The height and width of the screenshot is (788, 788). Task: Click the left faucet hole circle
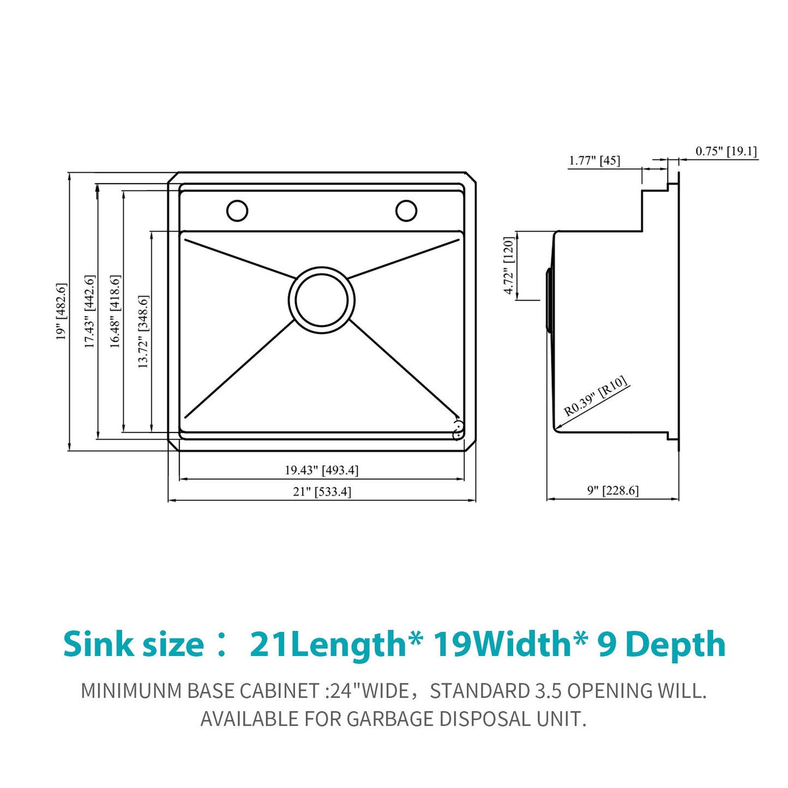(x=237, y=210)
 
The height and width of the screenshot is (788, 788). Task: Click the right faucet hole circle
(x=406, y=210)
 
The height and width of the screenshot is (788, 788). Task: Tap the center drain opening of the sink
(x=321, y=299)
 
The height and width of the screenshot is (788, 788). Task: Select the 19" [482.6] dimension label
(x=61, y=311)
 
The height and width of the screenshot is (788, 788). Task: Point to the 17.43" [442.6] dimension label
(x=89, y=311)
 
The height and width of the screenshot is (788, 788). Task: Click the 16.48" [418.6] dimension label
(x=115, y=311)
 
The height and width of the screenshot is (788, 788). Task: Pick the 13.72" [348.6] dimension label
(x=143, y=332)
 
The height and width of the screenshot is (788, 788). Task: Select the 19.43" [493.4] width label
(x=321, y=470)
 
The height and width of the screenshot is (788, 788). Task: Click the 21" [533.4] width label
(x=322, y=492)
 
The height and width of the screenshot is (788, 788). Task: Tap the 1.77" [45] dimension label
(x=594, y=160)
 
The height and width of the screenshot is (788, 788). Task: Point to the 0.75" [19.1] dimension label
(x=726, y=151)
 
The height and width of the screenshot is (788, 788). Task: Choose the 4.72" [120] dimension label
(x=508, y=266)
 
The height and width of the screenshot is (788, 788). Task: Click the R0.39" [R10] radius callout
(x=595, y=396)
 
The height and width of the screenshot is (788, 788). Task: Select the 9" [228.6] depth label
(x=612, y=491)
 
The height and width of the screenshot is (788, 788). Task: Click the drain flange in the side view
(x=550, y=299)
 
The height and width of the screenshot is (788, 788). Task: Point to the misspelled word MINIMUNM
(x=131, y=691)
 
